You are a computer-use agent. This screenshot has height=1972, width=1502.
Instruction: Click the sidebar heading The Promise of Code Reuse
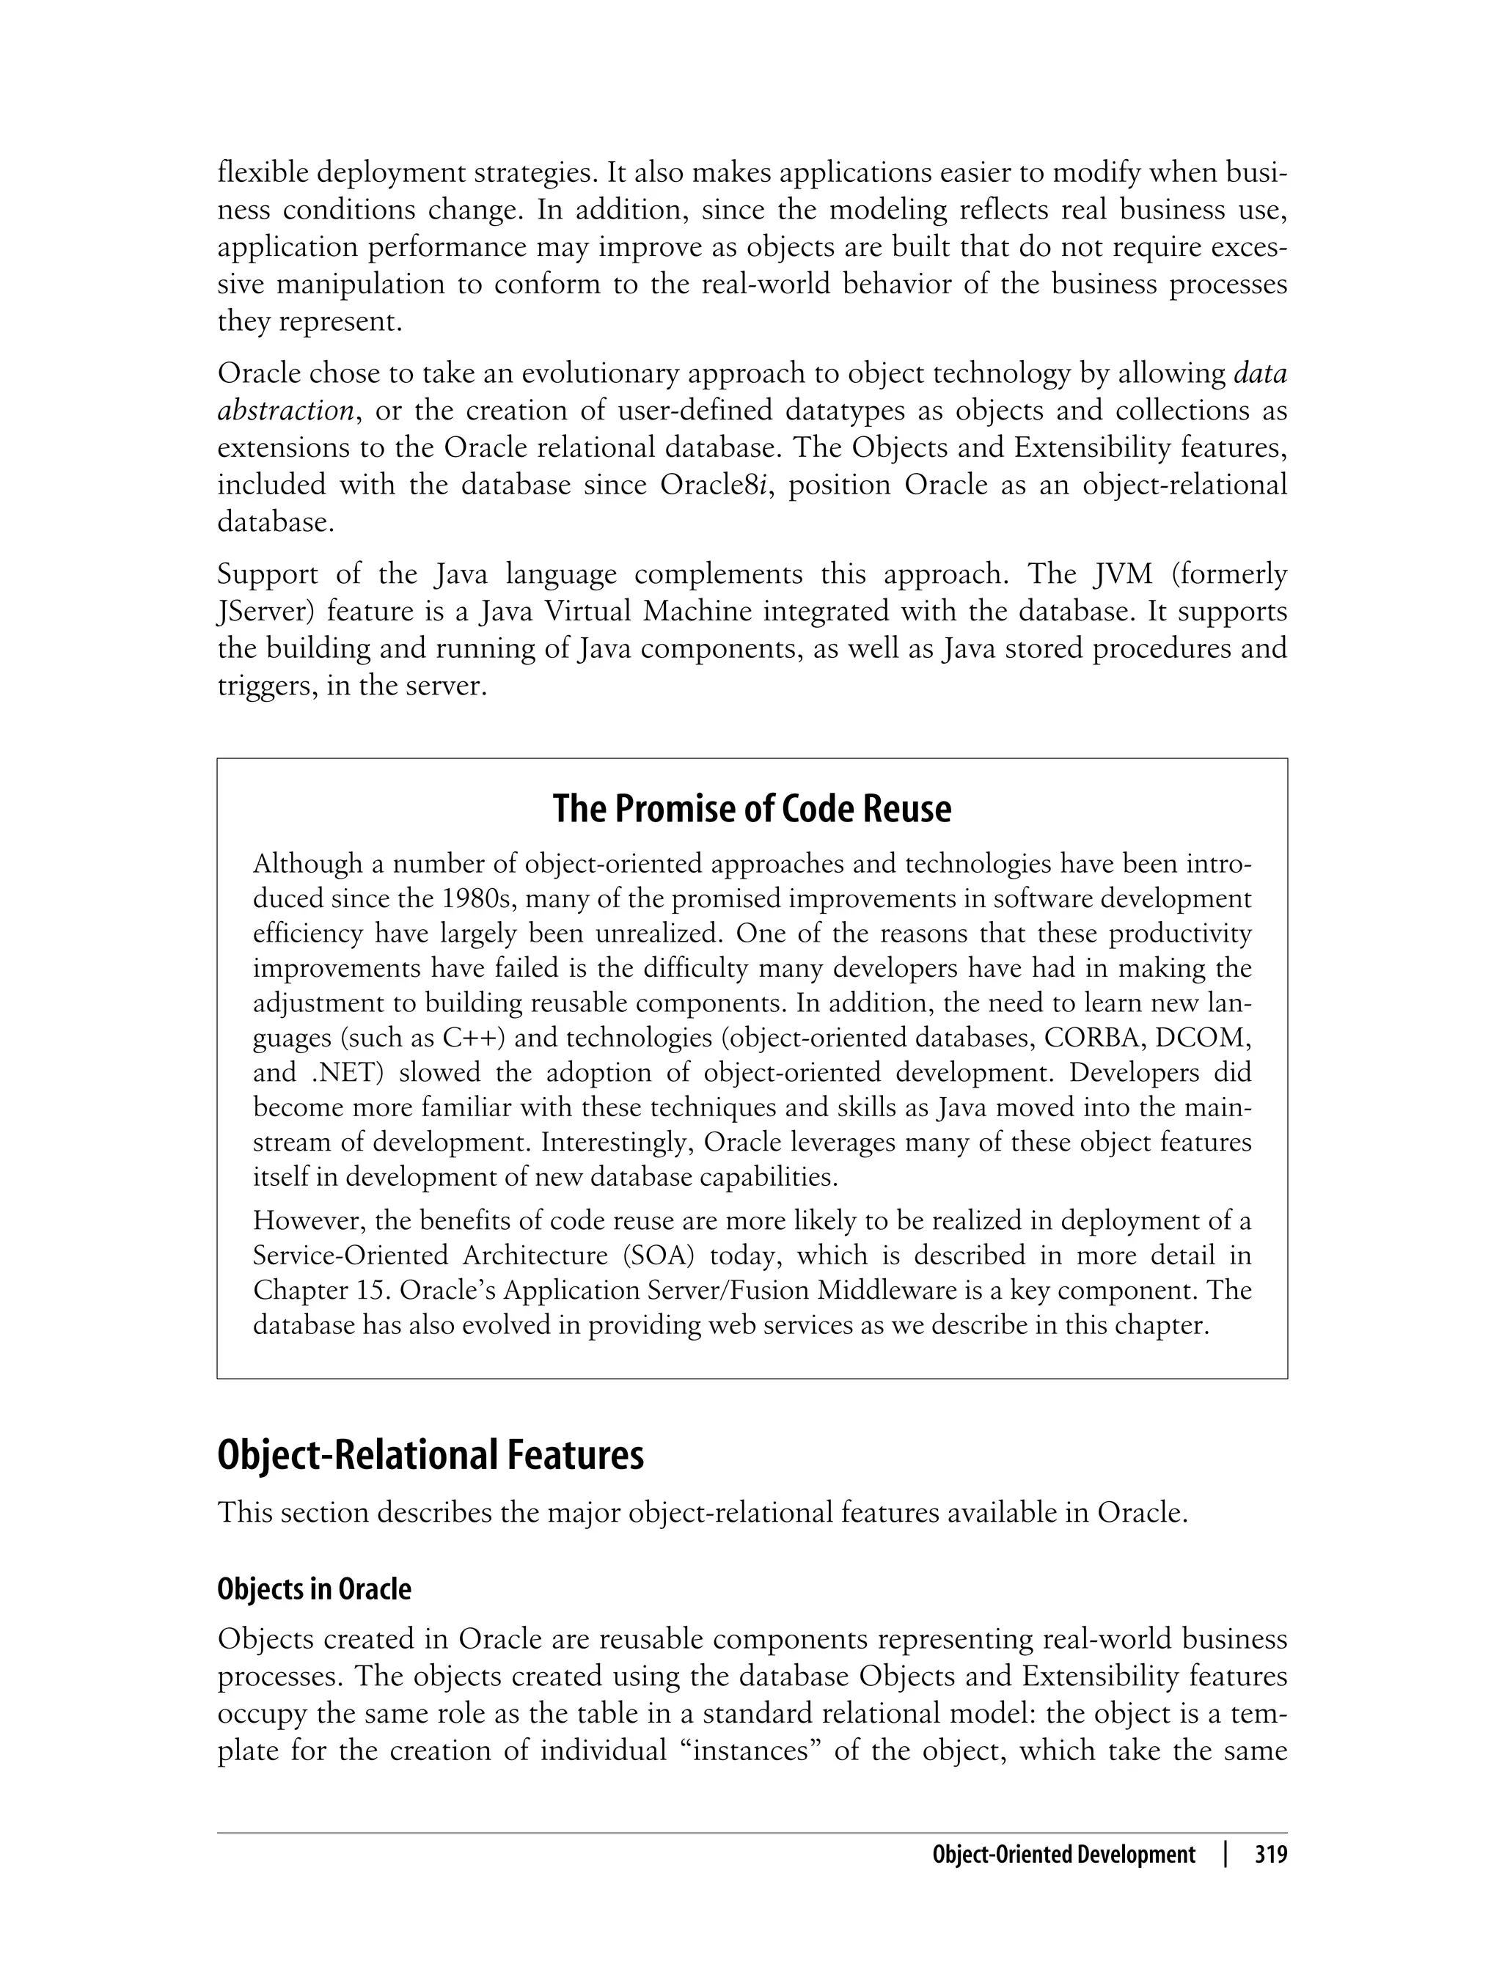click(x=752, y=809)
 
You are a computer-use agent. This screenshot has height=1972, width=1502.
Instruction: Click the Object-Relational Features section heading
click(x=430, y=1455)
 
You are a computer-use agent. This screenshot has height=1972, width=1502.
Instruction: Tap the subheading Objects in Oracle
click(x=314, y=1588)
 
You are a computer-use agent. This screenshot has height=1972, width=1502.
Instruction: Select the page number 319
click(x=1270, y=1855)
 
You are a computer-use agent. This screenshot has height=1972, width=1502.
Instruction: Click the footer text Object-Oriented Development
click(x=1063, y=1855)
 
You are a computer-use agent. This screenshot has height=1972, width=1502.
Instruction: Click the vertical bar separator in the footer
click(x=1226, y=1855)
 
